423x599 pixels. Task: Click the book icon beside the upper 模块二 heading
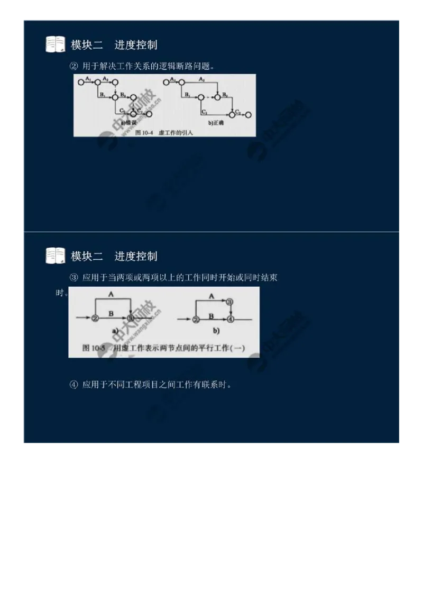click(55, 44)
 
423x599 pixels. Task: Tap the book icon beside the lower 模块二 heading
click(55, 256)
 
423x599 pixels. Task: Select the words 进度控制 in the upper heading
click(136, 45)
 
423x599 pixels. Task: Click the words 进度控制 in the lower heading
click(136, 257)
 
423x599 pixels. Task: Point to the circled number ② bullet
click(73, 66)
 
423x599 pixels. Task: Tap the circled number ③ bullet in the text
click(73, 278)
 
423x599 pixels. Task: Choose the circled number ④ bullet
click(73, 385)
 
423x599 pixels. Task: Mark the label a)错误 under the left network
click(128, 123)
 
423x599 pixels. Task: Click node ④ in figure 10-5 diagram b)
click(230, 319)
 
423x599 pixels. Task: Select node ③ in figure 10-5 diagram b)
click(229, 302)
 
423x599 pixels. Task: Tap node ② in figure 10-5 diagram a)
click(95, 319)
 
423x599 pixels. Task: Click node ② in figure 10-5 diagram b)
click(196, 319)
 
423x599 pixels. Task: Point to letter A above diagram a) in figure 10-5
click(111, 294)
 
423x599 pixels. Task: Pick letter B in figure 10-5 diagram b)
click(210, 315)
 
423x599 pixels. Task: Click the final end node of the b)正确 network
click(249, 114)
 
